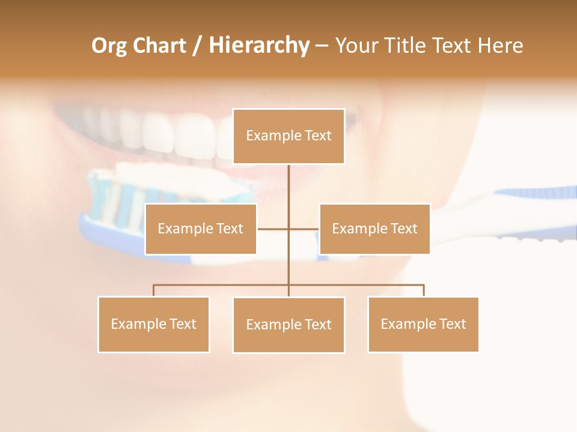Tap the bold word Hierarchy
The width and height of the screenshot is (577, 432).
pos(259,46)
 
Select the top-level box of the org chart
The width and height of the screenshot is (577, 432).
pos(288,136)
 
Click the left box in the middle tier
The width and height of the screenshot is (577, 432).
pos(201,229)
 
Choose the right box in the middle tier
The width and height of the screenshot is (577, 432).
pos(374,229)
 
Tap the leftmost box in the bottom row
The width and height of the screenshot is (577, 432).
pos(153,324)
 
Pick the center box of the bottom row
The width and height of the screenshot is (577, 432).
pos(288,325)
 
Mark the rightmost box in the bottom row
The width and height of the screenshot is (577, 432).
pos(423,324)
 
